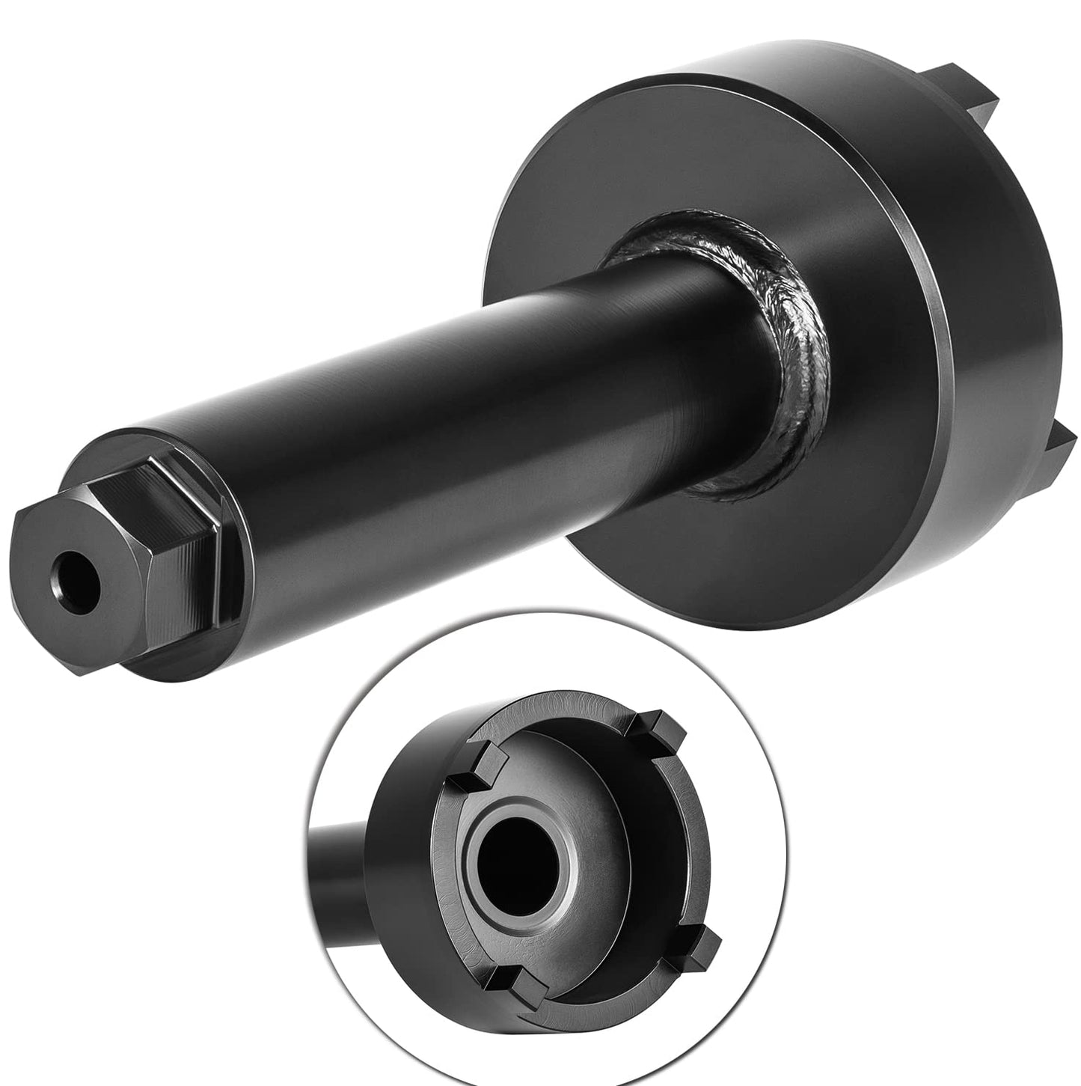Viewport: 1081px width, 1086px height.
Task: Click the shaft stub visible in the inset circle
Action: pyautogui.click(x=340, y=876)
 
